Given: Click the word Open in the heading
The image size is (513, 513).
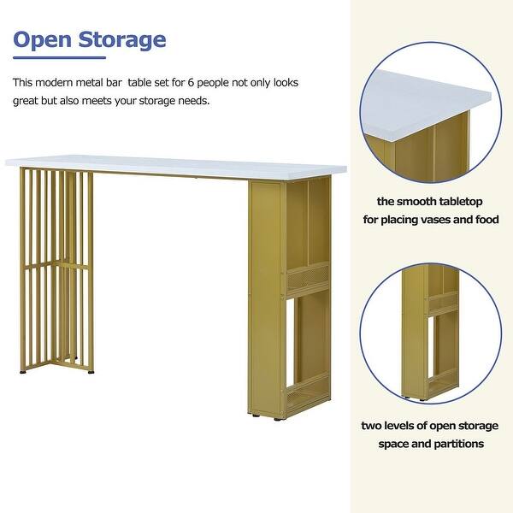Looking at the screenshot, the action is (42, 40).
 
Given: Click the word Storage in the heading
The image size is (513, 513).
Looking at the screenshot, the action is (122, 40).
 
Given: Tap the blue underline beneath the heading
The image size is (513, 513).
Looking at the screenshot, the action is (59, 57).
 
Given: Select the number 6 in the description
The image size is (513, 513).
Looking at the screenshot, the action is (191, 82).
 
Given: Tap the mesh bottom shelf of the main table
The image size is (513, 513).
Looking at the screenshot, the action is (308, 398).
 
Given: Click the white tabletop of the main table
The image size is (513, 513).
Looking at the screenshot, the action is (176, 167).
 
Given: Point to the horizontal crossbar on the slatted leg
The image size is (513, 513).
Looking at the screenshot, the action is (56, 264).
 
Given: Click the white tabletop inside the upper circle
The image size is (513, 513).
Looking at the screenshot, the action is (425, 104).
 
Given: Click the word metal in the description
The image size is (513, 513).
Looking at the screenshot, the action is (87, 82).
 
